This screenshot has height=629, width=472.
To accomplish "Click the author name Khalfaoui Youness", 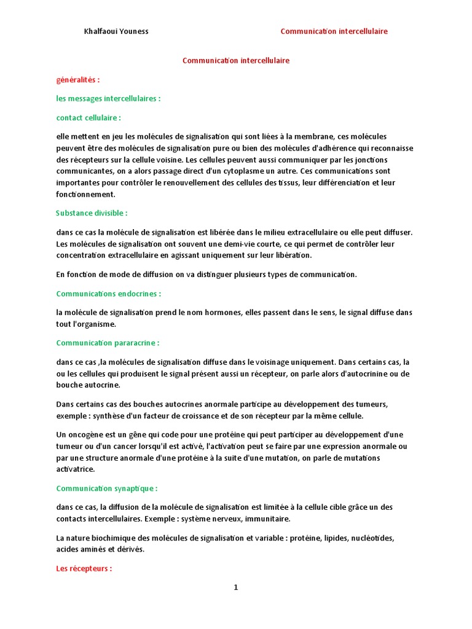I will click(116, 31).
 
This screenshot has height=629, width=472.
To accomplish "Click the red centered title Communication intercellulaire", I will click(236, 61).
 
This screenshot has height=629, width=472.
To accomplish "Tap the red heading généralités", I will click(78, 80).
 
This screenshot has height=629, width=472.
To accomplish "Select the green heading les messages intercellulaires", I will click(108, 98).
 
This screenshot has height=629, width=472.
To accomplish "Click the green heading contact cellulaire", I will click(88, 117).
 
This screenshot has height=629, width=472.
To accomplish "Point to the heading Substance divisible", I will click(92, 213).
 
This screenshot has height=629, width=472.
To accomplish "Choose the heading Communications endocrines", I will click(108, 294).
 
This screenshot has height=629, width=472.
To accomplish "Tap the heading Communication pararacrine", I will click(108, 343).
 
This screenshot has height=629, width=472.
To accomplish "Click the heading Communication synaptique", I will click(106, 488).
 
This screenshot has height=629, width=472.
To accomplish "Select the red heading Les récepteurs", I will click(84, 569).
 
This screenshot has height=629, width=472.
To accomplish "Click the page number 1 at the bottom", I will click(235, 588).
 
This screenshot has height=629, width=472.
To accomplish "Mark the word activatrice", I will click(76, 469).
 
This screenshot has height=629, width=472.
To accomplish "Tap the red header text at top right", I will click(334, 31).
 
